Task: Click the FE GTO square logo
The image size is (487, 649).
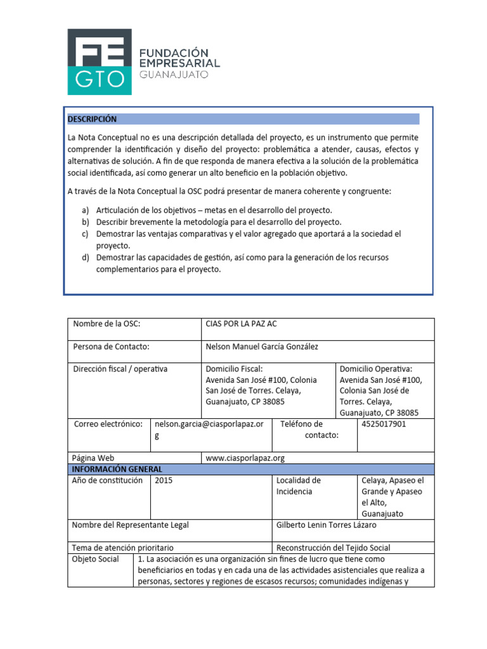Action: (x=100, y=61)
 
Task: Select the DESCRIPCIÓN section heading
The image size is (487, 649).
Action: (x=92, y=119)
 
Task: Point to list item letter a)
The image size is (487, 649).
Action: (x=86, y=210)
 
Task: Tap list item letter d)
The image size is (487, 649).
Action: (x=86, y=257)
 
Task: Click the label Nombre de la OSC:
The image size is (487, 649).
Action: (x=107, y=324)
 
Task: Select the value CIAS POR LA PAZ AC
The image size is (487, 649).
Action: (x=242, y=324)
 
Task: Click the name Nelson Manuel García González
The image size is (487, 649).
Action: (x=263, y=346)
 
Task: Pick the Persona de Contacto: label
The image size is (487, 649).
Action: (x=111, y=346)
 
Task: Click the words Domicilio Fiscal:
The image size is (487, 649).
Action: (x=234, y=369)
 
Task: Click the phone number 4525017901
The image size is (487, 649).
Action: (x=384, y=424)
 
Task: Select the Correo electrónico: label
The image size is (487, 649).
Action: (x=108, y=424)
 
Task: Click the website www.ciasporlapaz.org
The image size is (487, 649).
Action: (x=245, y=458)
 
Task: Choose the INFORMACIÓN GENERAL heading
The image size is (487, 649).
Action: (x=117, y=469)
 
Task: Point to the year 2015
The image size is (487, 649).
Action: (x=163, y=480)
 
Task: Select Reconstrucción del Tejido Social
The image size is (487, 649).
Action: (x=334, y=548)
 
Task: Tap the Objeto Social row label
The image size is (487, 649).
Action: (x=95, y=559)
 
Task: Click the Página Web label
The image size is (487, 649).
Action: (x=93, y=458)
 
